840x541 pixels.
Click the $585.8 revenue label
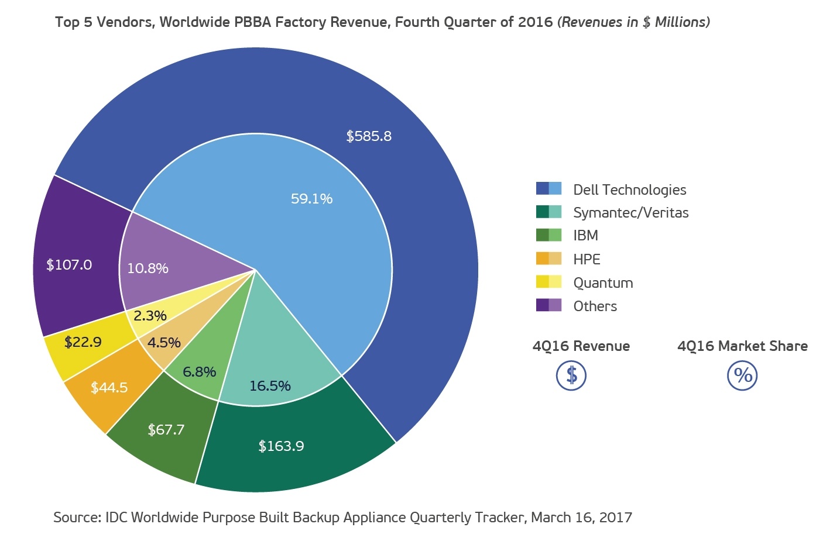coord(369,136)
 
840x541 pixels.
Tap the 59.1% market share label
coord(311,199)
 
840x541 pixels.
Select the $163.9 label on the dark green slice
coord(281,446)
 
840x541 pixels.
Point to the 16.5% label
coord(270,386)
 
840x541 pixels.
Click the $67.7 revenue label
coord(166,430)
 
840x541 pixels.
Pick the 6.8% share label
coord(199,372)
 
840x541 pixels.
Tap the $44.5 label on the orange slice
coord(109,388)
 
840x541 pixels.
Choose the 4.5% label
coord(164,343)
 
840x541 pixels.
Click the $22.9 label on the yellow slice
coord(83,342)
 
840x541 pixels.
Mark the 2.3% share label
coord(150,316)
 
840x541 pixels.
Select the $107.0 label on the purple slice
coord(69,265)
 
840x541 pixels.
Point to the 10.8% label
coord(148,268)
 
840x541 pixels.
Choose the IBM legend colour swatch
coord(548,235)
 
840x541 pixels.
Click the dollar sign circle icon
coord(571,375)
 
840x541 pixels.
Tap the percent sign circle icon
coord(742,375)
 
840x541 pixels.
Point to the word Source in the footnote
coord(76,518)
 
